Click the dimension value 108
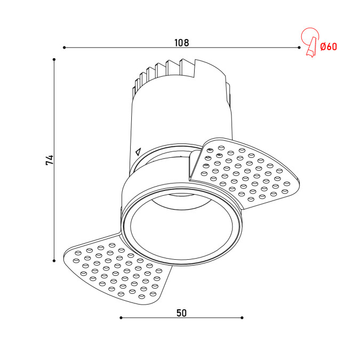pos(182,43)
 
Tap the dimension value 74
pos(50,160)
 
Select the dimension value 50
pos(182,313)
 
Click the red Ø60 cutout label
pos(329,47)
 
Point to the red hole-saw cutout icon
pos(310,42)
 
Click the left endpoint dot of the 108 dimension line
pos(65,47)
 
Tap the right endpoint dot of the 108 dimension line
pos(299,47)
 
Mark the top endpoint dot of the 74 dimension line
pos(54,59)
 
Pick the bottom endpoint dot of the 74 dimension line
pos(54,261)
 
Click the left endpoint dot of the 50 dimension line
pos(121,318)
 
